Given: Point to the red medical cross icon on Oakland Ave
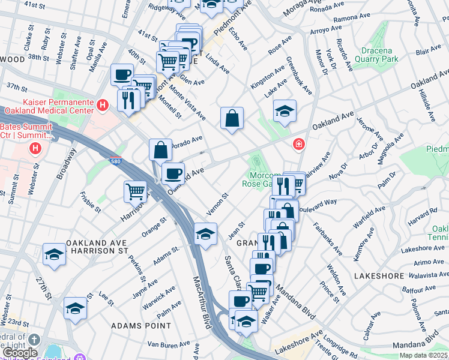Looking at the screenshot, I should pyautogui.click(x=298, y=145).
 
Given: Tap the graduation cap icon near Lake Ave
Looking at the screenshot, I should pyautogui.click(x=285, y=110).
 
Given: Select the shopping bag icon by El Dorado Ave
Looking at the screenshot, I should pyautogui.click(x=161, y=149).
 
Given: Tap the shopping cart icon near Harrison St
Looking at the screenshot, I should pyautogui.click(x=136, y=191).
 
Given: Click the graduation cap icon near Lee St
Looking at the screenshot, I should pyautogui.click(x=76, y=308).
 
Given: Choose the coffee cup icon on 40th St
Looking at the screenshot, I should pyautogui.click(x=122, y=74).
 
